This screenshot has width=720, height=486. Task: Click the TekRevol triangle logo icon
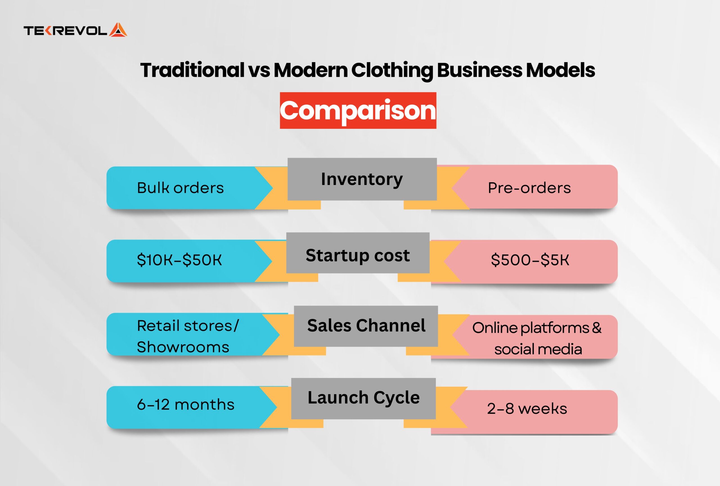tap(118, 30)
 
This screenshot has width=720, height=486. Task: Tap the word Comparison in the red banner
tap(358, 110)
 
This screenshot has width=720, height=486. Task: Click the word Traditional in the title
tap(192, 70)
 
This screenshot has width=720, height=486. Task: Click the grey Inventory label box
tap(362, 179)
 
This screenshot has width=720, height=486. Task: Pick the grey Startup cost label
tap(358, 253)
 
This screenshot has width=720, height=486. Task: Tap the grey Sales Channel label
tap(366, 326)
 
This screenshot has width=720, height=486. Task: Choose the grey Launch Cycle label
tap(363, 398)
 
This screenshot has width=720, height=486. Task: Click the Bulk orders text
tap(180, 188)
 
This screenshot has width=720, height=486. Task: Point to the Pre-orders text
tap(529, 188)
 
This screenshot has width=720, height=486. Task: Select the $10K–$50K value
tap(179, 260)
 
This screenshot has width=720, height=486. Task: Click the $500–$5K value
tap(530, 260)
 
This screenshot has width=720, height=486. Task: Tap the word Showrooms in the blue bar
tap(183, 347)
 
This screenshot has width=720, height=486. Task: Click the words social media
tap(538, 349)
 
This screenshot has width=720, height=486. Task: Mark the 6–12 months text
tap(186, 404)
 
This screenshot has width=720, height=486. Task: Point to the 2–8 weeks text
tap(527, 409)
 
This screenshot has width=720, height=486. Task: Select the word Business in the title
tap(479, 70)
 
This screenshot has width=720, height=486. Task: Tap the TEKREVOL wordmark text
tap(66, 31)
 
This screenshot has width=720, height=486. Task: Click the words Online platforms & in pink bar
tap(537, 328)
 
